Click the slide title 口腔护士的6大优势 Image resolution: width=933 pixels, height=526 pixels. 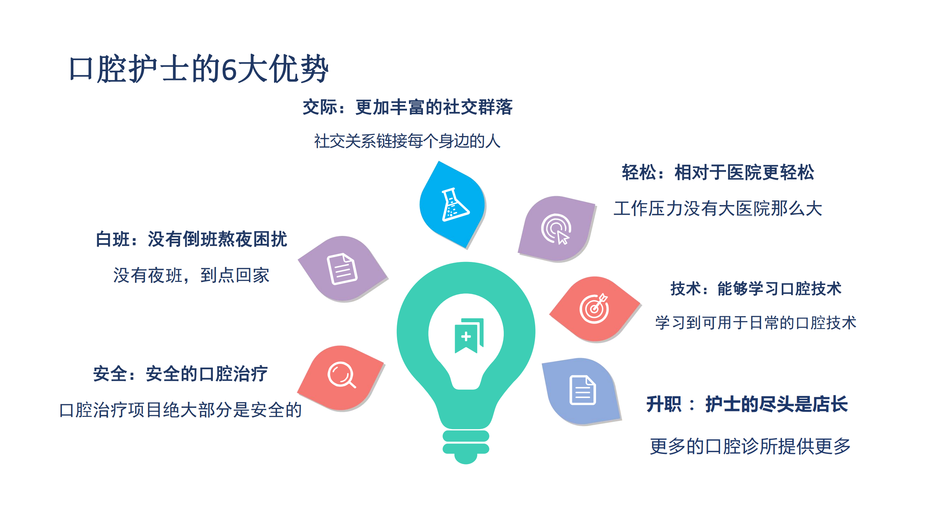(x=199, y=69)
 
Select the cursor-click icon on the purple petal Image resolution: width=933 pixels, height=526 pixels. (x=556, y=229)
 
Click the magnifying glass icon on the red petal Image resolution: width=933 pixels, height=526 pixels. (x=342, y=375)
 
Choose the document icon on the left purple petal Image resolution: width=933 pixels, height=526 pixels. (x=342, y=269)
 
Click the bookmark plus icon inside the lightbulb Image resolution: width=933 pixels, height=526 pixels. (x=469, y=335)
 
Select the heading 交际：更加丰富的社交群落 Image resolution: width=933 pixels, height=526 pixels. (x=408, y=107)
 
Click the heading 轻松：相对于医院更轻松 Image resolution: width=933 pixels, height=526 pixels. (x=718, y=172)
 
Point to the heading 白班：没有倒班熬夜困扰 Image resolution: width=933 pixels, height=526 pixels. (x=191, y=239)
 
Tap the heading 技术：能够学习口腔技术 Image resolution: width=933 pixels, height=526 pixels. (x=756, y=289)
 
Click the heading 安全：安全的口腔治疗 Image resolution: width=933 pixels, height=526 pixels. (x=180, y=374)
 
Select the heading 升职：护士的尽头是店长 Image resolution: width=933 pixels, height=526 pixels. (x=747, y=404)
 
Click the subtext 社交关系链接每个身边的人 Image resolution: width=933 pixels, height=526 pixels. (x=408, y=141)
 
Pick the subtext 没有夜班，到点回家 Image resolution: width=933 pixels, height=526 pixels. (x=191, y=275)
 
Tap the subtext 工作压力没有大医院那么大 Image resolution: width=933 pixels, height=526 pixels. (x=718, y=209)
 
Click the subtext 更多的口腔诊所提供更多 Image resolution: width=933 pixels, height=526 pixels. (x=750, y=446)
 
